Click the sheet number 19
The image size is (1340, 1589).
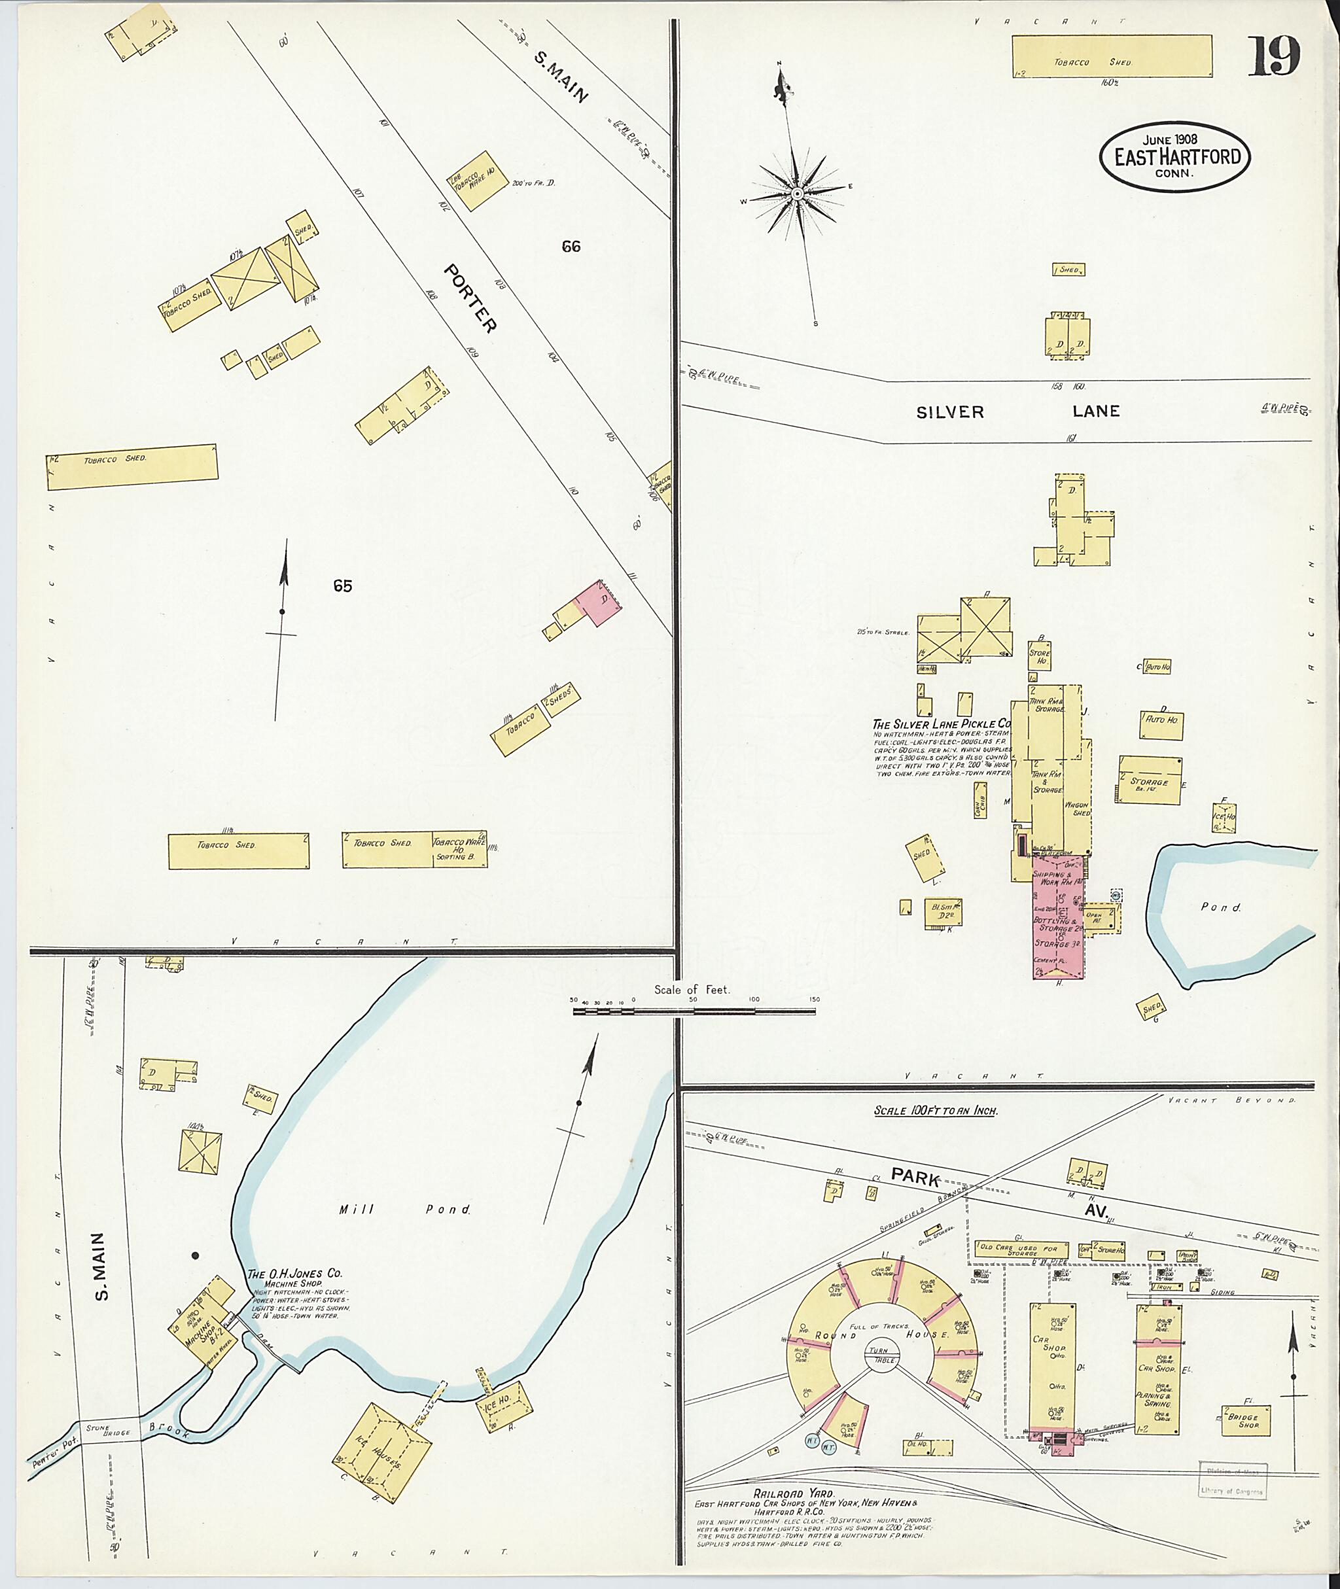1274,56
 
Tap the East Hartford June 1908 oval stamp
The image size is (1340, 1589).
1174,157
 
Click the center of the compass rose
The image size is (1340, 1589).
797,194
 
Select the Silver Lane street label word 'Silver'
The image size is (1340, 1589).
949,412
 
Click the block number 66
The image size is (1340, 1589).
571,246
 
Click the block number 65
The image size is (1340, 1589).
343,585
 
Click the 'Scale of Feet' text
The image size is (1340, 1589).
692,990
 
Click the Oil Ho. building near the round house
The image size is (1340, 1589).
928,1446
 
